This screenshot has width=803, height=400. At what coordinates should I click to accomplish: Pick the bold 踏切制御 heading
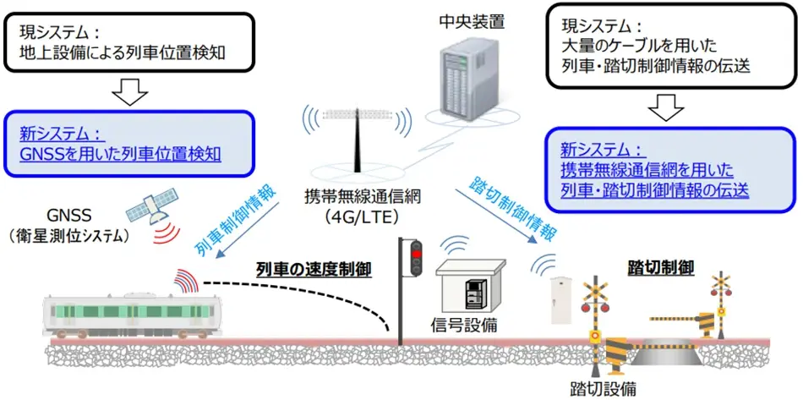[661, 268]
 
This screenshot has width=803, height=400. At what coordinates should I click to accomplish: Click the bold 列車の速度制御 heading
[315, 270]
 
